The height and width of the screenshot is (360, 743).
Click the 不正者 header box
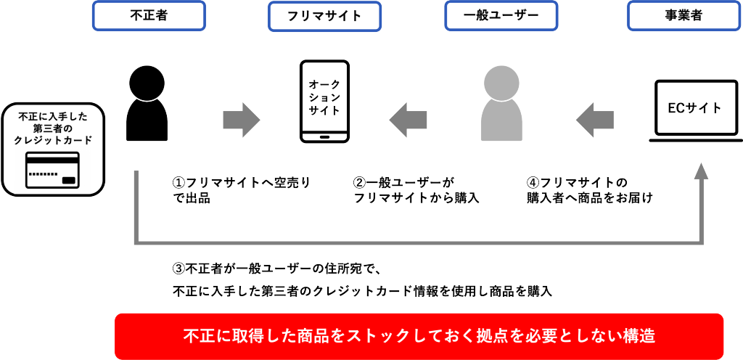tap(149, 15)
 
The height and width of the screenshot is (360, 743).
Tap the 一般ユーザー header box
tap(501, 15)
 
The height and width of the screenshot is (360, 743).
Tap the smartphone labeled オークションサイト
tap(324, 101)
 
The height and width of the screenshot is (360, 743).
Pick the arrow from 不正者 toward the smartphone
tap(242, 118)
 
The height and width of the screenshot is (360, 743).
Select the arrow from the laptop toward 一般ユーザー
tap(596, 118)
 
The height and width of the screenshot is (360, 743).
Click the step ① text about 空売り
tap(239, 190)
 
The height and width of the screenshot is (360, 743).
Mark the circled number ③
tap(178, 269)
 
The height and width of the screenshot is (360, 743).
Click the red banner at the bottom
tap(419, 336)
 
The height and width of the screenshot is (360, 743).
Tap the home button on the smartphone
tap(324, 136)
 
